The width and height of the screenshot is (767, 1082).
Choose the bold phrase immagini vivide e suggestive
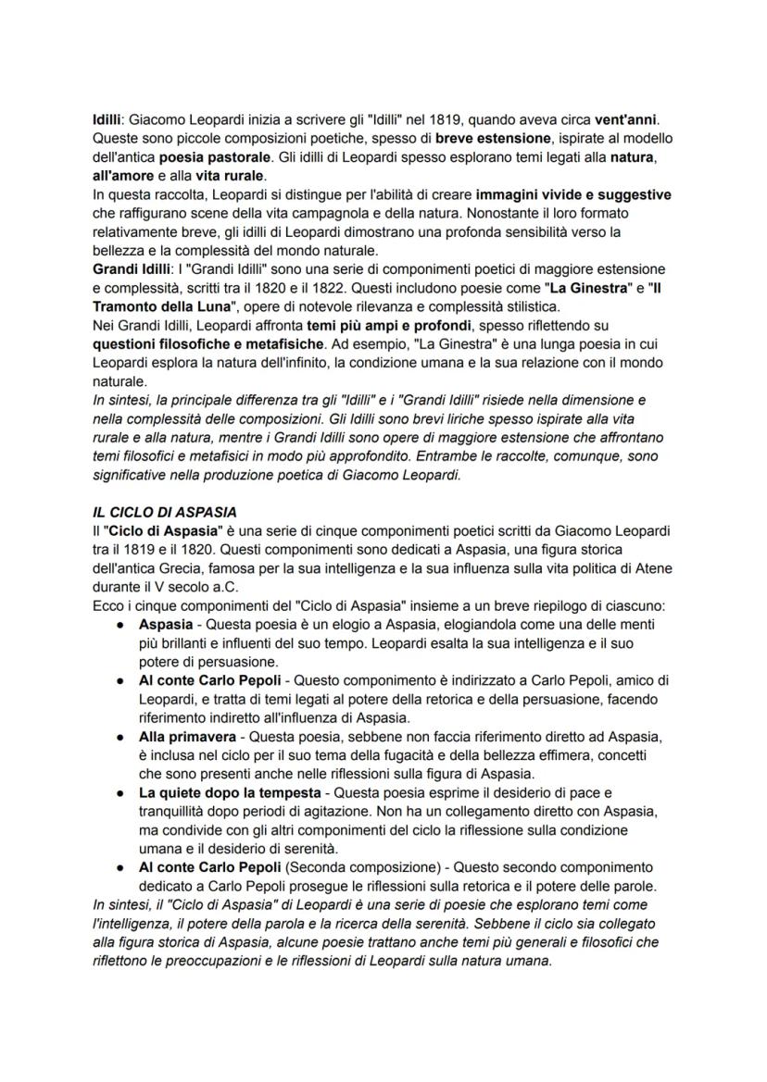point(573,195)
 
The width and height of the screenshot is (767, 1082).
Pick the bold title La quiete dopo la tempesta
point(233,793)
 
